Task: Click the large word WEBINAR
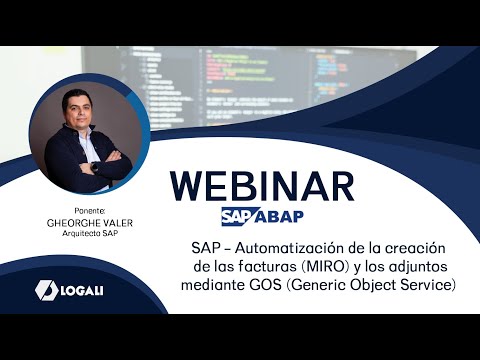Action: click(262, 187)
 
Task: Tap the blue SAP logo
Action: click(237, 217)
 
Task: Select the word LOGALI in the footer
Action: click(87, 290)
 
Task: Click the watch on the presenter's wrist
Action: click(93, 167)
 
